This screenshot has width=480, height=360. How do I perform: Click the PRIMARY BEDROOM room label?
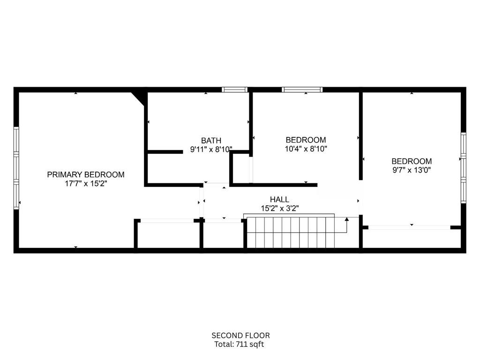coord(86,174)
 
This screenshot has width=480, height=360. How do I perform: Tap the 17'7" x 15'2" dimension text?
coord(86,184)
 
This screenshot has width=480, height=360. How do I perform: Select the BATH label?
coord(211,141)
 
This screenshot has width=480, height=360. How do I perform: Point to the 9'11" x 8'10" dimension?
coord(211,150)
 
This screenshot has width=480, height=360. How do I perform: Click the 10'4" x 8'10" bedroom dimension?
coord(306,149)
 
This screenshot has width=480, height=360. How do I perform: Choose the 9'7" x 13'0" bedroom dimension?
coord(412,170)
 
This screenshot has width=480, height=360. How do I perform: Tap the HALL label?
coord(279,200)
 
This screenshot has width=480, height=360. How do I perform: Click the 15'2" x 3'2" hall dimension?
coord(280,209)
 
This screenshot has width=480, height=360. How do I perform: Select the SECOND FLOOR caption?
coord(240,336)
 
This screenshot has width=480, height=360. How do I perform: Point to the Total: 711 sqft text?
coord(239,344)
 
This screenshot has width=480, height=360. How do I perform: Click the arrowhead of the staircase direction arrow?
coord(346,219)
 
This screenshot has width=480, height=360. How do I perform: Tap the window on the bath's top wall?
coord(234,90)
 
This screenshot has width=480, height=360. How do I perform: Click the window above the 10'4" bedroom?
coord(302,90)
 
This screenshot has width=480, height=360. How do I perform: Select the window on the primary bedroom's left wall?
coord(16,168)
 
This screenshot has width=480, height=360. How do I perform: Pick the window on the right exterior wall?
coord(464,168)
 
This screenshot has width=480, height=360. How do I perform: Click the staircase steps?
coord(291,232)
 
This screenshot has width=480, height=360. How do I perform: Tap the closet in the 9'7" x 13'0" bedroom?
coord(412,238)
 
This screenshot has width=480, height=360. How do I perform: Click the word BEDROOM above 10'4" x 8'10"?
coord(306,140)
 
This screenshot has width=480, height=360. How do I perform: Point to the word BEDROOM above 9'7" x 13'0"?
coord(412,161)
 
